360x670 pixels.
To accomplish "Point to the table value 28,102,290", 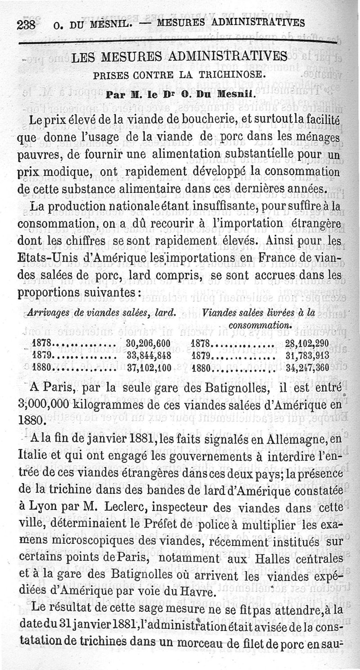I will click(306, 344).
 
